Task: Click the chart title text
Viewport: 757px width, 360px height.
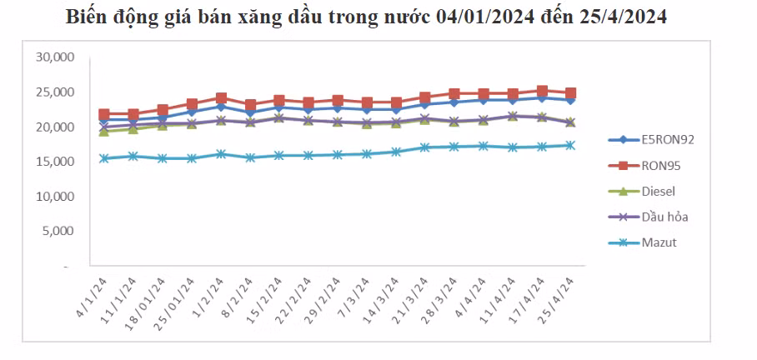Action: (366, 17)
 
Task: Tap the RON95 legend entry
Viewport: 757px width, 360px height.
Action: (659, 165)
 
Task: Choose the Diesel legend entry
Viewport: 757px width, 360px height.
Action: (659, 191)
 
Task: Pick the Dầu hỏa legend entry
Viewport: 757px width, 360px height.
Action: (664, 217)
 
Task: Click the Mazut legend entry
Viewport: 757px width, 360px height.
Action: (659, 242)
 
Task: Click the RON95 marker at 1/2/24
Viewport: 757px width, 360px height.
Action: (221, 98)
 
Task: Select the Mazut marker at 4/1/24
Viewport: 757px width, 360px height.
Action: (104, 158)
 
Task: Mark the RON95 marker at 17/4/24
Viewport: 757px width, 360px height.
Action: (542, 91)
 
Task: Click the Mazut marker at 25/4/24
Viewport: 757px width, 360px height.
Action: (571, 145)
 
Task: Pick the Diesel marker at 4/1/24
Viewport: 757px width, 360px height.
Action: (104, 132)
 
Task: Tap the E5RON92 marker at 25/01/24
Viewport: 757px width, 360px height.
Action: (192, 111)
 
